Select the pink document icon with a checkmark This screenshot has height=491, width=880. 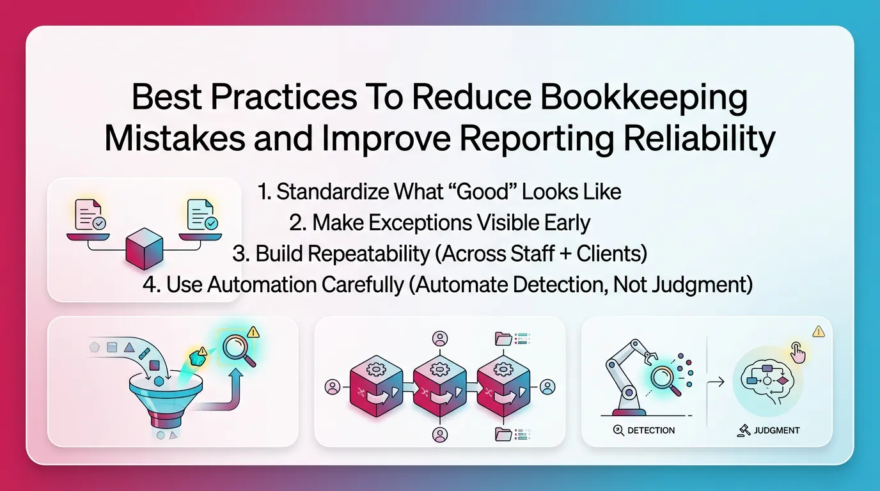coord(89,215)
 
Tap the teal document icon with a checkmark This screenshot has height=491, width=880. coord(201,215)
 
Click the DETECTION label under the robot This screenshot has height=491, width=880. coord(651,430)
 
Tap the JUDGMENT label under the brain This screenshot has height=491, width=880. coord(776,430)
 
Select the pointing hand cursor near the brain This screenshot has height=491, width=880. coord(797,352)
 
